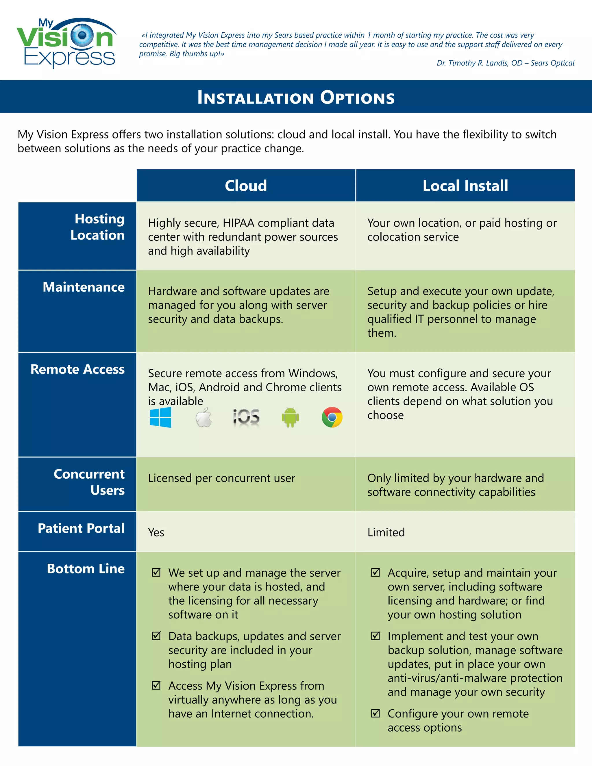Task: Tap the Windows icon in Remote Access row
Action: click(x=161, y=417)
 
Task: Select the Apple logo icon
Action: click(x=204, y=417)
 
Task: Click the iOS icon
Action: click(x=246, y=417)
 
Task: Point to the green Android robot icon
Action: click(x=290, y=417)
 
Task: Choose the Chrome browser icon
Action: click(x=332, y=417)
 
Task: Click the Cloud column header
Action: click(x=246, y=186)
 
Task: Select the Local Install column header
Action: click(x=465, y=186)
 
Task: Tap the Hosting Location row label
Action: click(x=97, y=227)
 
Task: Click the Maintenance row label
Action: click(x=84, y=287)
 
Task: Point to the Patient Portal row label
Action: click(x=81, y=528)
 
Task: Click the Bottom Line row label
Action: click(x=86, y=569)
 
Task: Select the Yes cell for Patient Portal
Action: click(x=156, y=532)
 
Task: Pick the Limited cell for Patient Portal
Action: click(x=386, y=532)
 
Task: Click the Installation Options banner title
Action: click(x=296, y=97)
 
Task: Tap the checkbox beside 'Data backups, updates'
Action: click(x=156, y=636)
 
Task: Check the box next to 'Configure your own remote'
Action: click(x=375, y=713)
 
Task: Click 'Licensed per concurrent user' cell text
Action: click(x=221, y=478)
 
